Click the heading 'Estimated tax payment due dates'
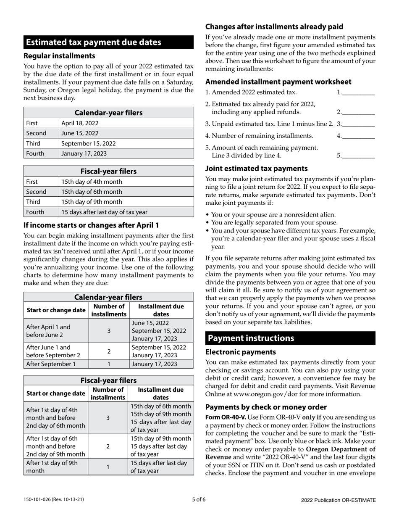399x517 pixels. pyautogui.click(x=94, y=42)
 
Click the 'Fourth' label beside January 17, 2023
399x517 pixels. pyautogui.click(x=35, y=153)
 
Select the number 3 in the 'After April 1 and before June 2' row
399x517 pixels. pyautogui.click(x=109, y=331)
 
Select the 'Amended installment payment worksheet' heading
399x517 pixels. pyautogui.click(x=278, y=82)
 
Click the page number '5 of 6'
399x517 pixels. pyautogui.click(x=199, y=500)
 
